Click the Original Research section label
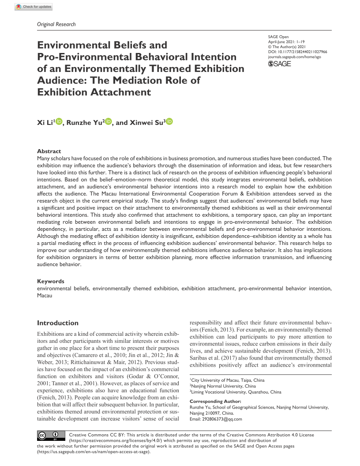point(56,24)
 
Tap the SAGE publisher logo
point(280,64)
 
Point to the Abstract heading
point(49,151)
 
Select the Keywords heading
point(51,281)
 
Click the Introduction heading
point(58,323)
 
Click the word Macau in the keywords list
point(45,295)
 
